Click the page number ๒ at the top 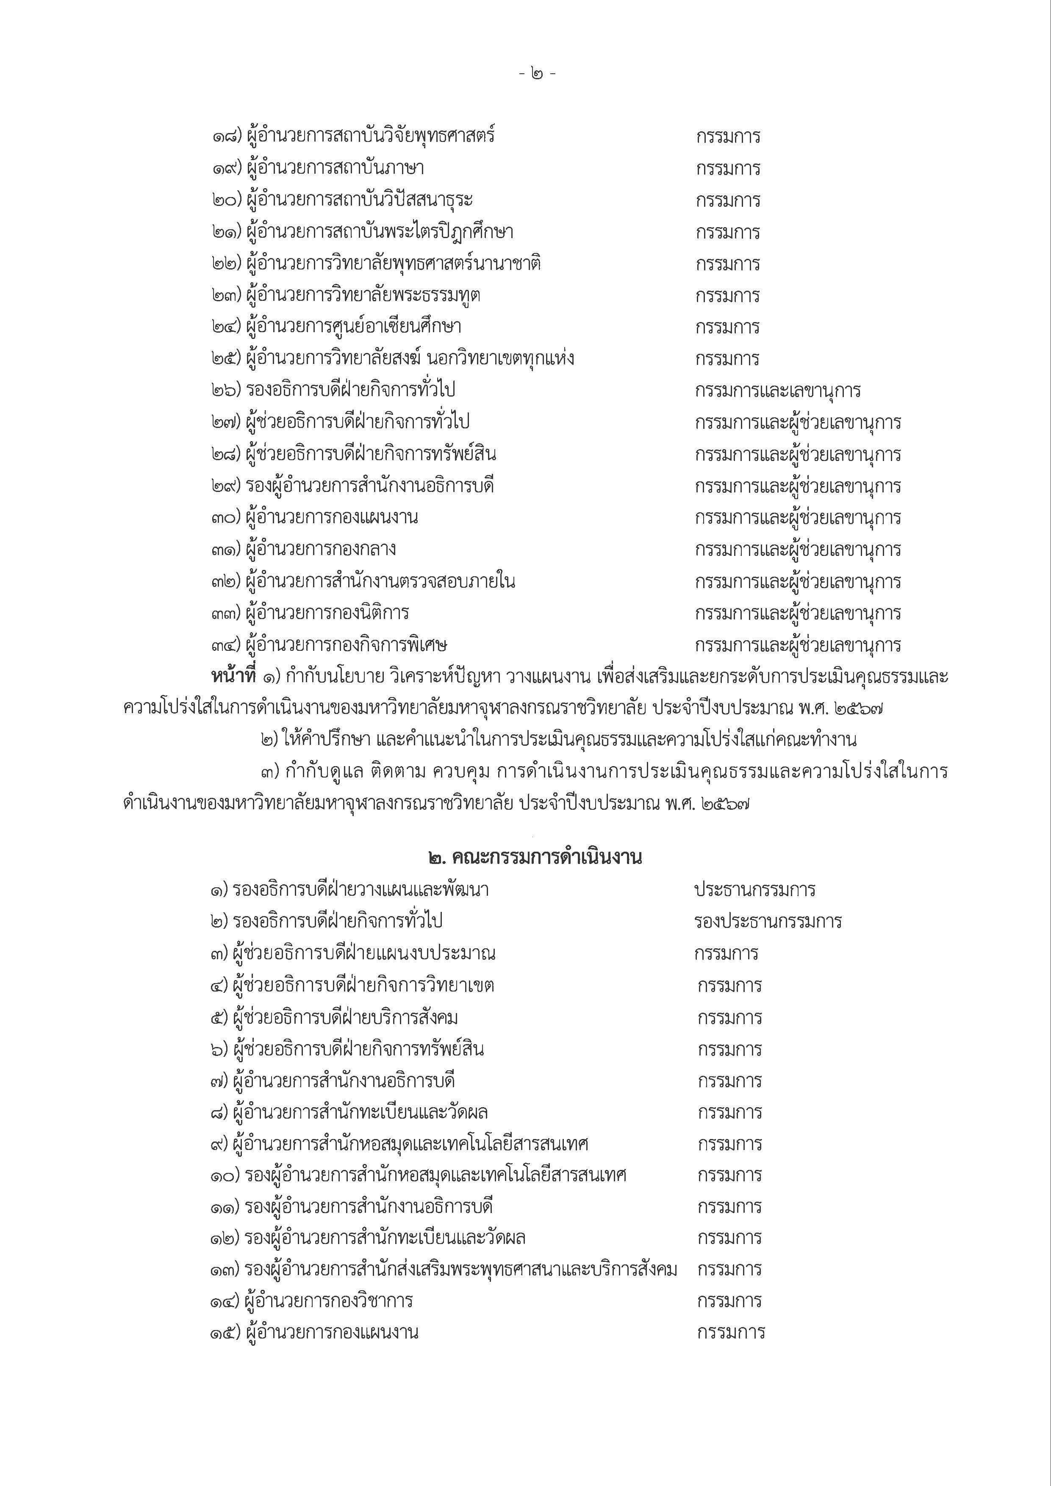tap(536, 74)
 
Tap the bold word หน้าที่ tap(234, 677)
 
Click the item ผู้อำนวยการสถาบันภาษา tap(335, 169)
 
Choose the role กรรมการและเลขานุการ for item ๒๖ tap(778, 391)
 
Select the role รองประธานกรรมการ tap(768, 922)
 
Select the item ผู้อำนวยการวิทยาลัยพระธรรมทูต tap(363, 296)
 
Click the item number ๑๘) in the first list tap(227, 137)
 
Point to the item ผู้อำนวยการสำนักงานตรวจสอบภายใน tap(380, 582)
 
